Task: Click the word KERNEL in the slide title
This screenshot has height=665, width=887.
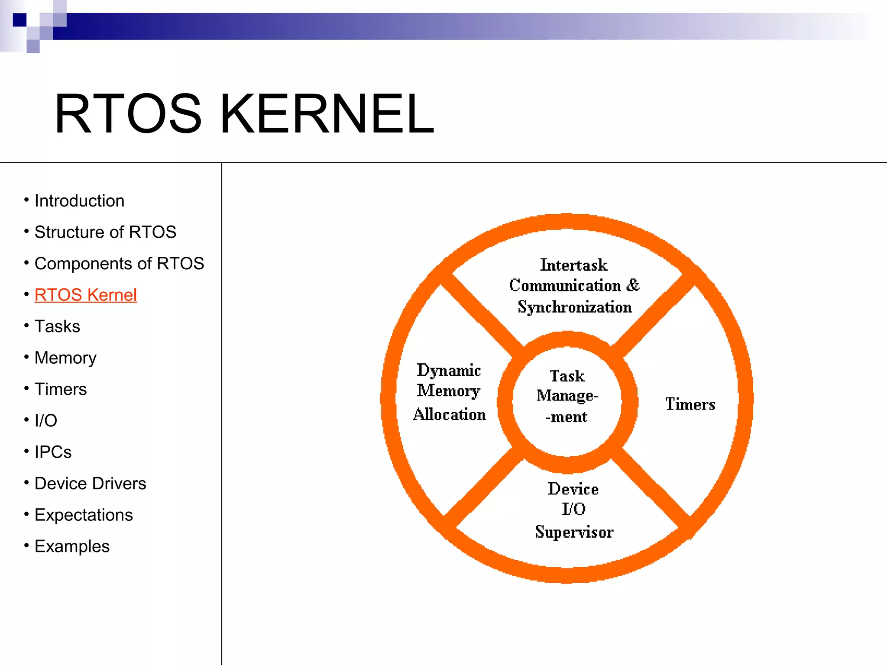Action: coord(327,114)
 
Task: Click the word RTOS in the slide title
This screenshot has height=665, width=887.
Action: coord(128,114)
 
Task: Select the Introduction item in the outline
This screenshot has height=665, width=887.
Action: coord(79,201)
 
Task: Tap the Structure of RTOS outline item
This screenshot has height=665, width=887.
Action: coord(105,232)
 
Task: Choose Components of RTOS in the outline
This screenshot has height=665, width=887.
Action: coord(119,264)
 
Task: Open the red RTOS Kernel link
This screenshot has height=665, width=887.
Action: coord(86,295)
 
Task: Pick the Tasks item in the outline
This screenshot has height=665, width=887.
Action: coord(57,326)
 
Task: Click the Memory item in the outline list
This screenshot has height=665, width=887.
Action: coord(65,358)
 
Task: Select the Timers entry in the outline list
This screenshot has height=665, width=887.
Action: coord(61,389)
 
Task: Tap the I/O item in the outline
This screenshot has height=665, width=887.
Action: coord(46,420)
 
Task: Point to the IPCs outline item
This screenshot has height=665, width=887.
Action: coord(53,452)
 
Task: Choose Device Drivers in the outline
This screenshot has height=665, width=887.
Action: coord(90,484)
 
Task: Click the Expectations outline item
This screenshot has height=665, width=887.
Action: coord(84,515)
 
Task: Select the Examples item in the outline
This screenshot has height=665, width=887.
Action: coord(72,546)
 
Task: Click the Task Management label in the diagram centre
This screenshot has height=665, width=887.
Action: coord(567,396)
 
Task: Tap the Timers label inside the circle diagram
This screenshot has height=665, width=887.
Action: coord(690,404)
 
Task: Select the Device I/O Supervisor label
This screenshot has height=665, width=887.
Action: coord(574,510)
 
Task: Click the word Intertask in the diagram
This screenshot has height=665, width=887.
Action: coord(574,265)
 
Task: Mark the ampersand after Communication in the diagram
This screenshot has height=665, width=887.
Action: coord(633,285)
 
